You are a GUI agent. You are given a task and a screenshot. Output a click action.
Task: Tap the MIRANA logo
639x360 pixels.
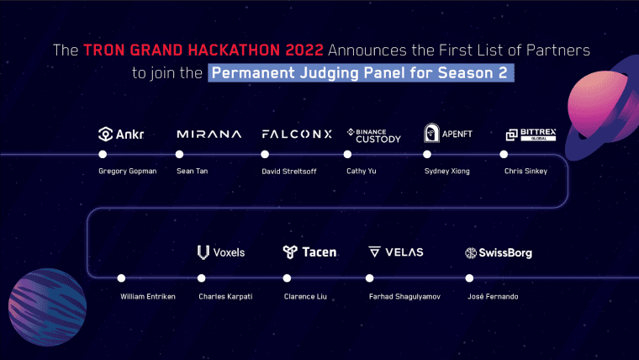[x=209, y=135]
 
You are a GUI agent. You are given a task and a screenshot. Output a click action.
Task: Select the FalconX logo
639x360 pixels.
[x=297, y=135]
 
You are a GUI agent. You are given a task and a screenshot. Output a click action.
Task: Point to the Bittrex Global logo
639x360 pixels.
[x=531, y=135]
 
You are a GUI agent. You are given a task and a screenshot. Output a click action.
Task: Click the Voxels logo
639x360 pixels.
[x=220, y=252]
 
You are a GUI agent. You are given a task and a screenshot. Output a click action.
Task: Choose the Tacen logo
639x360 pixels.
[x=309, y=252]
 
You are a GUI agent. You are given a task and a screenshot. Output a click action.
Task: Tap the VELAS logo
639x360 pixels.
[x=396, y=252]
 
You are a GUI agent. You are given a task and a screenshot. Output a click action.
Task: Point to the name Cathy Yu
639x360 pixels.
[x=362, y=172]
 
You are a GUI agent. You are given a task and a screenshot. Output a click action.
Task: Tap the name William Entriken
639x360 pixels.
[x=147, y=296]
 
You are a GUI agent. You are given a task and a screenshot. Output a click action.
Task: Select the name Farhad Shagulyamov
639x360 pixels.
[x=405, y=296]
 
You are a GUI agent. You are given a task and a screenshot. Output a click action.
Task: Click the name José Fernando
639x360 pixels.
[x=494, y=296]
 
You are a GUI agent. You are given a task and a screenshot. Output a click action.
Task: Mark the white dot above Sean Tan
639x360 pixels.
[x=179, y=155]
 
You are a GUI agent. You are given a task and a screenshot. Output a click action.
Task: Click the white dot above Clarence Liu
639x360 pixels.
[x=287, y=278]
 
